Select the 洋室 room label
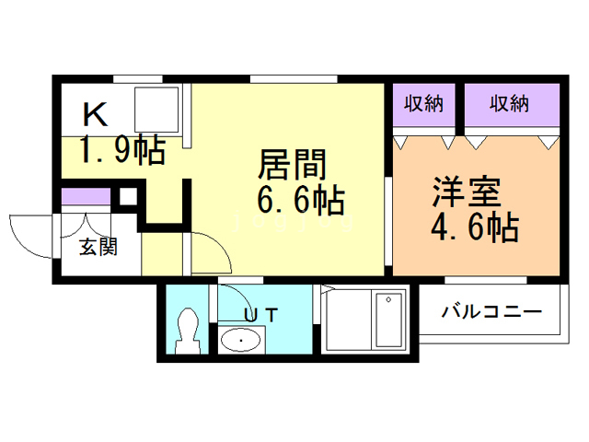pyautogui.click(x=468, y=193)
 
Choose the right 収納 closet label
pyautogui.click(x=510, y=104)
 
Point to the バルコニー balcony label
pyautogui.click(x=491, y=310)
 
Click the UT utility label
pyautogui.click(x=260, y=314)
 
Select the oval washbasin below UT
pyautogui.click(x=241, y=341)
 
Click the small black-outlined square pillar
pyautogui.click(x=128, y=196)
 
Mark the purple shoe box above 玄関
pyautogui.click(x=86, y=197)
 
